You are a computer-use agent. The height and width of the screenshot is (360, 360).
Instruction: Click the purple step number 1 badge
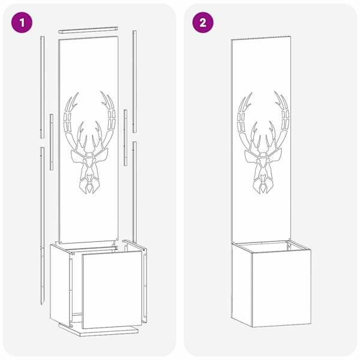[x=22, y=23]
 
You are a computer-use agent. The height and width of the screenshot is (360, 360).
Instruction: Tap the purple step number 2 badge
[x=203, y=23]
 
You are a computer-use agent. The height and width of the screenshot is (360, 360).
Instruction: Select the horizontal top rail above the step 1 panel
[x=88, y=30]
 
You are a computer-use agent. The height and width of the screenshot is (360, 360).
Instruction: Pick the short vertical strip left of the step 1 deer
[x=52, y=142]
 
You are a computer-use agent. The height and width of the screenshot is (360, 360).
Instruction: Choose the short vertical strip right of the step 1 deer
[x=125, y=137]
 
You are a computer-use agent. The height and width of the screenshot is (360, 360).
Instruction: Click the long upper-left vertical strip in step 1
[x=42, y=87]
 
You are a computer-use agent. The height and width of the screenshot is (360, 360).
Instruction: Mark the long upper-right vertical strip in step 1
[x=134, y=82]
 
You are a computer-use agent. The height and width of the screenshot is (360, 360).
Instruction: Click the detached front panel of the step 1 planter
[x=112, y=289]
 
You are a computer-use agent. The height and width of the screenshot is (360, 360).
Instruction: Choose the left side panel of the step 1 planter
[x=60, y=284]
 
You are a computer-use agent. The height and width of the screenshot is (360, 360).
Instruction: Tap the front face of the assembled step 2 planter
[x=281, y=288]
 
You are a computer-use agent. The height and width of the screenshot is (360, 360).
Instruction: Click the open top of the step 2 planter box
[x=271, y=247]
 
